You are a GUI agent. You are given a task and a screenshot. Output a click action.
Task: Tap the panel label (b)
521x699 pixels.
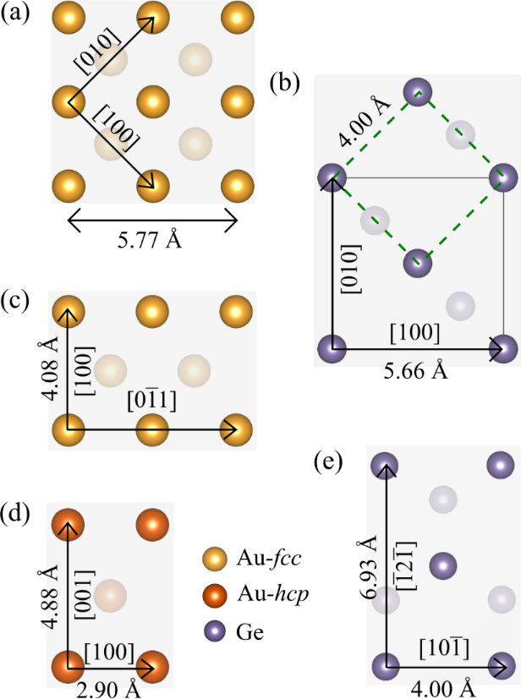284,83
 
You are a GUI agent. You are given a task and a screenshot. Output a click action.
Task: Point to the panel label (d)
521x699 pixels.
15,513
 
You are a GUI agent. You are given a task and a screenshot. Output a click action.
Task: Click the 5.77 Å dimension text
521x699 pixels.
150,239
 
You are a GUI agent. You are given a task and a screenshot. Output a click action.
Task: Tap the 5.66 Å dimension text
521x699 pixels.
416,369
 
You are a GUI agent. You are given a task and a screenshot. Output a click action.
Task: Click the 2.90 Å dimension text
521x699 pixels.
108,689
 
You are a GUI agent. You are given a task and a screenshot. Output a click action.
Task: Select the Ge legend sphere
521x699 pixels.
216,631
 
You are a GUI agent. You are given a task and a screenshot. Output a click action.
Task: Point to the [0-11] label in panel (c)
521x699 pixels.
151,400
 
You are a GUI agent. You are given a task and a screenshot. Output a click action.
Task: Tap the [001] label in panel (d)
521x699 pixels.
85,595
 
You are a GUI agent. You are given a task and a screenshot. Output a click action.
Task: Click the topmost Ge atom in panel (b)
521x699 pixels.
418,92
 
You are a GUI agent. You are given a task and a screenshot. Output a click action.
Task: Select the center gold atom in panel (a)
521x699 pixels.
152,101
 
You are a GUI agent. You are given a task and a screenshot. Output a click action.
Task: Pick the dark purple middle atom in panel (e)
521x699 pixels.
443,565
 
